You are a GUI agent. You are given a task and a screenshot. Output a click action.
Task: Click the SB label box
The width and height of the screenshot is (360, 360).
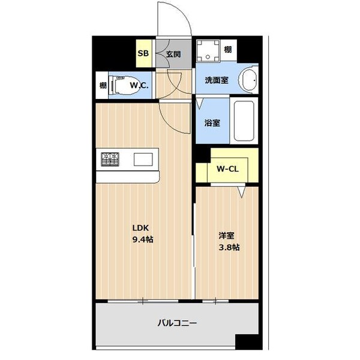point(143,53)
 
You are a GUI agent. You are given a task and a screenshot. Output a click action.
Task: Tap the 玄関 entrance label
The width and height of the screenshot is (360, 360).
point(173,53)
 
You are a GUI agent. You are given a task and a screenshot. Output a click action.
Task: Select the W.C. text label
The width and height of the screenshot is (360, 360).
point(140,86)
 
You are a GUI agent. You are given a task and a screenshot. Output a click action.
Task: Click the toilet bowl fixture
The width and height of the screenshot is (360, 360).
point(121,86)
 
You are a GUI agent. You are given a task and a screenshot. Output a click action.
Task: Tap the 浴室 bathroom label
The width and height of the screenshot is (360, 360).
point(212,122)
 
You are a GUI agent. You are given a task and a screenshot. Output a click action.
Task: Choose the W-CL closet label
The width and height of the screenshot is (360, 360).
point(228,169)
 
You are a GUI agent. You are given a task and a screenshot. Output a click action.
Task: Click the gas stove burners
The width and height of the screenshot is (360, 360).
point(111,159)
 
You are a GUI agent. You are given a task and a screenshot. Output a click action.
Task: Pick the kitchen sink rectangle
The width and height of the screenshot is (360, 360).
point(144,159)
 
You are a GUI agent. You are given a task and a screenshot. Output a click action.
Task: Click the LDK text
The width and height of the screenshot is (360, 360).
point(140,227)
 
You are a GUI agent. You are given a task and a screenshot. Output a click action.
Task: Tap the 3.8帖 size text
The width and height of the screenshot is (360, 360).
point(229,247)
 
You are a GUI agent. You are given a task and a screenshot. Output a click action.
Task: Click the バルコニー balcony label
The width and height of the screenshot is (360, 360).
point(177,323)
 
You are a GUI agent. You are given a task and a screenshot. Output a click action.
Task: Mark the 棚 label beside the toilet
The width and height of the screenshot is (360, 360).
point(103,86)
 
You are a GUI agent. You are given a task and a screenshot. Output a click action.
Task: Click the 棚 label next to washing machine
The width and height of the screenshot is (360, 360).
point(228,49)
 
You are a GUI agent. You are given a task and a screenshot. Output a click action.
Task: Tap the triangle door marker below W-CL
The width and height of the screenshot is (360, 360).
point(242,191)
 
